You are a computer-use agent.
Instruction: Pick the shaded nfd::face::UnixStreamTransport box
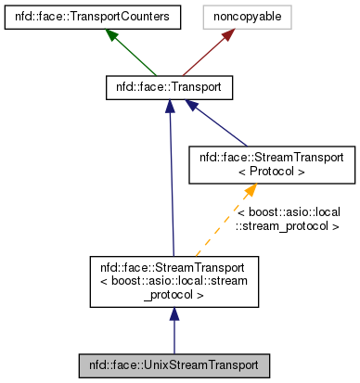174,364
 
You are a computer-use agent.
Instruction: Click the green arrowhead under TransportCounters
112,34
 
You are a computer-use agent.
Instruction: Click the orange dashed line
223,227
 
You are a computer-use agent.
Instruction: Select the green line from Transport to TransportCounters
135,55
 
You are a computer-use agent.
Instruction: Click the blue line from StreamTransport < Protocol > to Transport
223,126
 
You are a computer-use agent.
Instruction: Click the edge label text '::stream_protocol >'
287,225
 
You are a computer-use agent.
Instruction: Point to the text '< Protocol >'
272,172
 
